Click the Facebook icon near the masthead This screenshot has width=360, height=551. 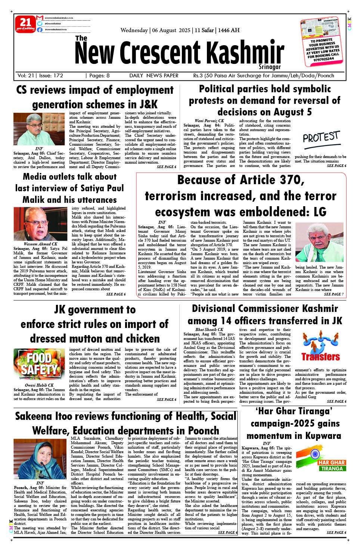tap(40, 30)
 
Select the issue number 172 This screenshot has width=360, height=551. tap(58, 75)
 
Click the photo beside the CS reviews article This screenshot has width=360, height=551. tap(39, 129)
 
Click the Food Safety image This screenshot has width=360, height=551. tap(39, 364)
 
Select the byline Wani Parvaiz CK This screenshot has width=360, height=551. tap(209, 121)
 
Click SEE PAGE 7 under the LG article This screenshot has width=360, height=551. tap(333, 294)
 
